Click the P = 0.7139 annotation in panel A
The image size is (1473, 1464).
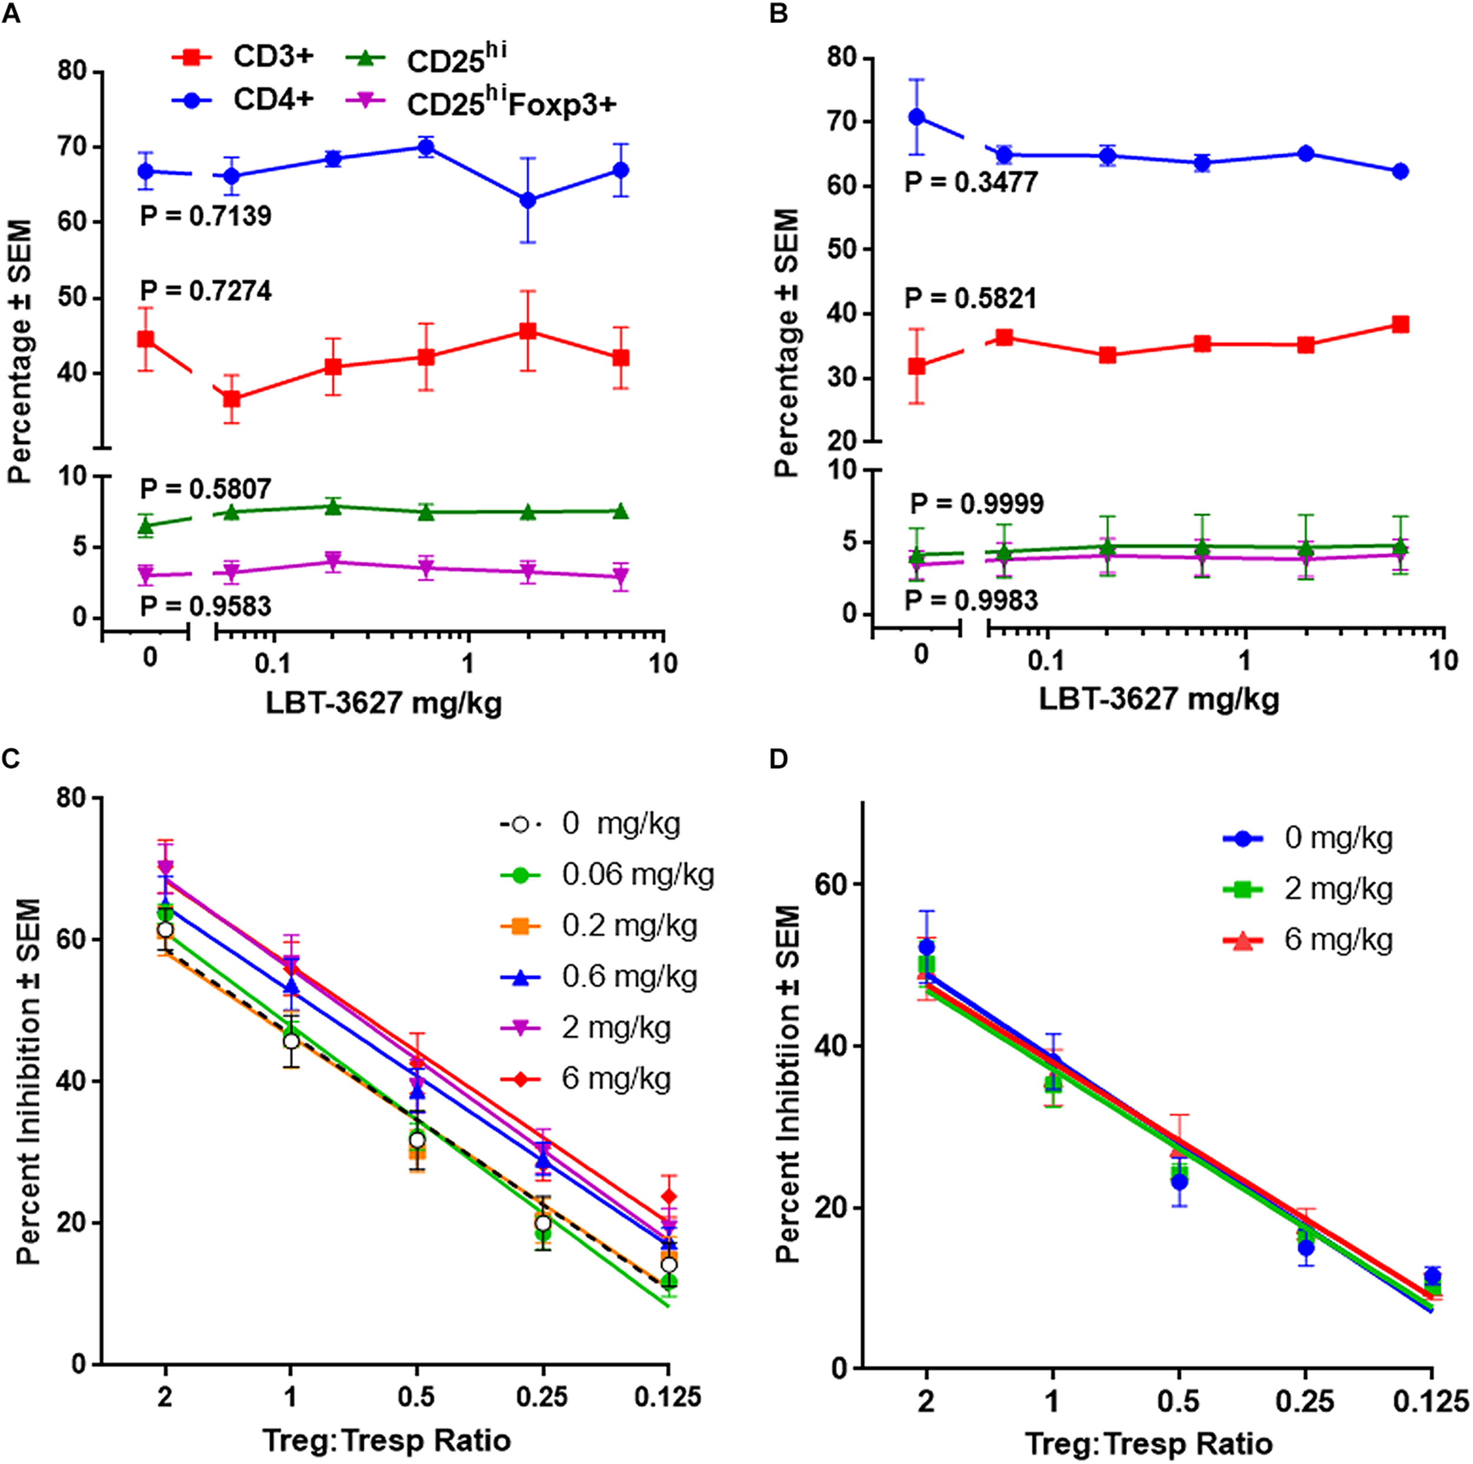[206, 217]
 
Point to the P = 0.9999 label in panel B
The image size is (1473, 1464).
[977, 504]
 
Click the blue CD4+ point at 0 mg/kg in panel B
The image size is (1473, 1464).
[917, 117]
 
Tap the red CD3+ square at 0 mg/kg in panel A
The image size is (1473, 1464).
[146, 339]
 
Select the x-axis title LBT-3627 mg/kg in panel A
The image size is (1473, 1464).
[384, 702]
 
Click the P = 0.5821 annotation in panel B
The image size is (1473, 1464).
[970, 299]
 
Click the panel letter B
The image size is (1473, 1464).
[778, 13]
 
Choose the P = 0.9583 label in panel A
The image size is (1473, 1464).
[206, 606]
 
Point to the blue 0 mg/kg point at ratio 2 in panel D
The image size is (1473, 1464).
[926, 947]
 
